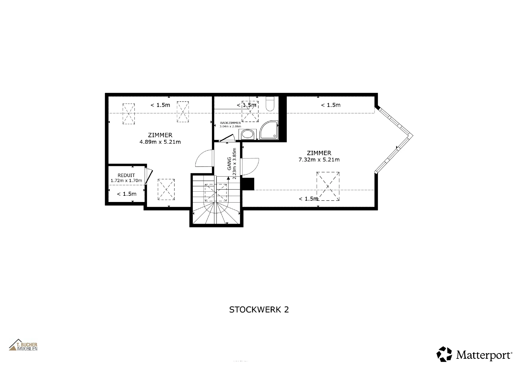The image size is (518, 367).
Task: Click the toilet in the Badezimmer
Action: [x=270, y=104]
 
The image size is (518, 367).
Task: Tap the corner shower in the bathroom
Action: [x=269, y=130]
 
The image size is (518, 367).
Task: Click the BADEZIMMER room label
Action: [x=230, y=123]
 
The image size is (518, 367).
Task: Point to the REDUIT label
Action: [x=126, y=175]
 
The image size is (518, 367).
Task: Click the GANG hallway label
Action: [x=229, y=164]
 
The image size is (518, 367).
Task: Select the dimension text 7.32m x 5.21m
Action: [x=319, y=160]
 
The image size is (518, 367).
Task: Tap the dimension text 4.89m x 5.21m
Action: [x=160, y=142]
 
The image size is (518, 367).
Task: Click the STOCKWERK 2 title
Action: [x=259, y=310]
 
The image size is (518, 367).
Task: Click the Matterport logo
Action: [x=474, y=354]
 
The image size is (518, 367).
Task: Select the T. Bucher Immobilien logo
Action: [x=23, y=345]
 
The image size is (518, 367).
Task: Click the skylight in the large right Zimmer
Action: [x=328, y=186]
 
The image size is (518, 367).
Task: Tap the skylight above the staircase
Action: [x=216, y=193]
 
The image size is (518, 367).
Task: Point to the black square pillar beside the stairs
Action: [x=248, y=184]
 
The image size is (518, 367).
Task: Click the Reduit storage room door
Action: [x=148, y=177]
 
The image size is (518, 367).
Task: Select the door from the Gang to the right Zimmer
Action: [x=250, y=166]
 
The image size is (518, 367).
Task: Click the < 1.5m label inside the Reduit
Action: [x=127, y=194]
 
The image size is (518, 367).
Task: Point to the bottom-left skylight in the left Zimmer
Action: [x=166, y=189]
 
